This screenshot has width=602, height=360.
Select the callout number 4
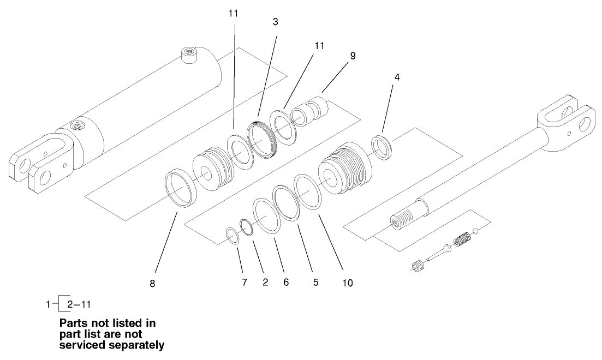(396, 77)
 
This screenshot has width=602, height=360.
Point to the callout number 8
(153, 284)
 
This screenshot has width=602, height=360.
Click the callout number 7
(245, 282)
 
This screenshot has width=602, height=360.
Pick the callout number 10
(347, 283)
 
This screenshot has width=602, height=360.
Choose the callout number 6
(286, 282)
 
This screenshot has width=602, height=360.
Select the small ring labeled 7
(232, 236)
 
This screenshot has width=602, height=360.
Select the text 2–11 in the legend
(79, 303)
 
